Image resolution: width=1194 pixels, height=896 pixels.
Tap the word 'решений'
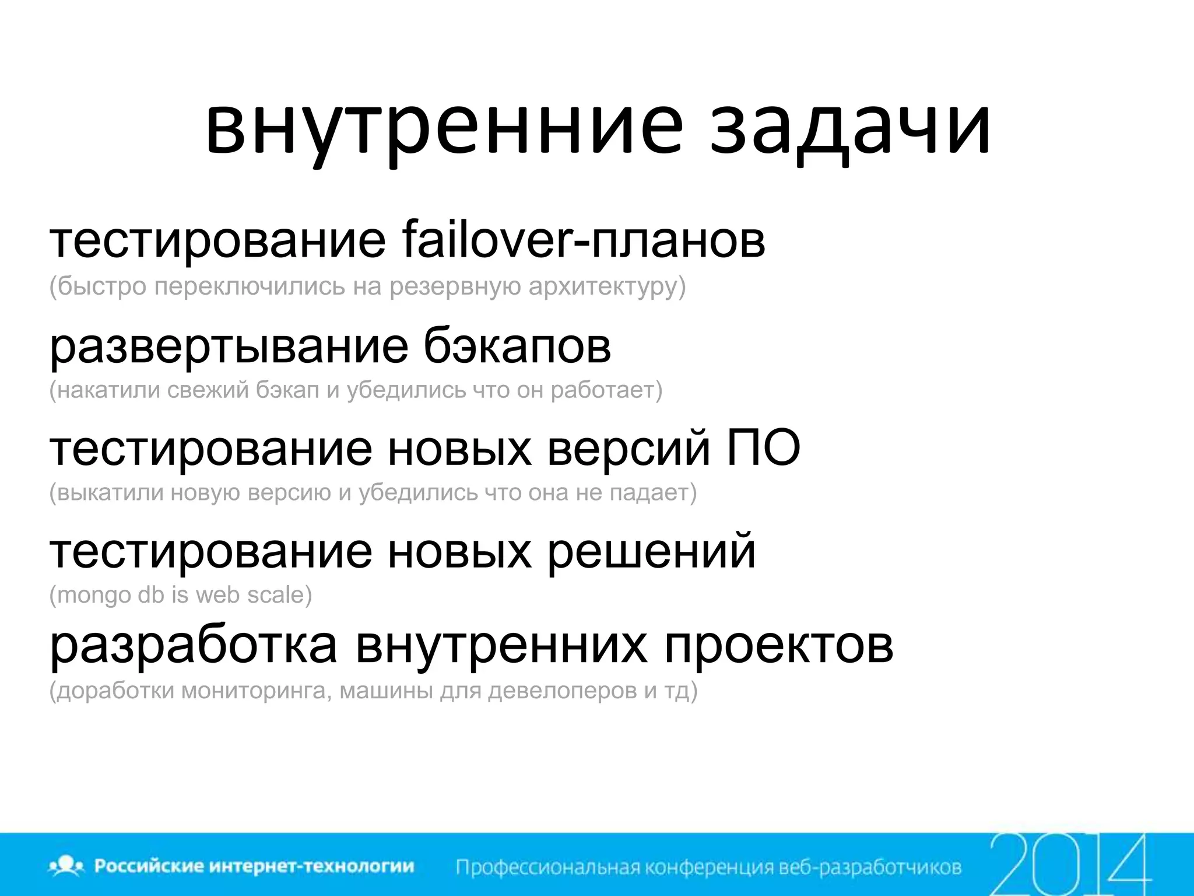651,551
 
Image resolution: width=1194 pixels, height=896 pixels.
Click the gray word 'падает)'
653,493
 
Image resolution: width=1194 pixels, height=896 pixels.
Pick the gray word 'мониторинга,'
257,691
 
